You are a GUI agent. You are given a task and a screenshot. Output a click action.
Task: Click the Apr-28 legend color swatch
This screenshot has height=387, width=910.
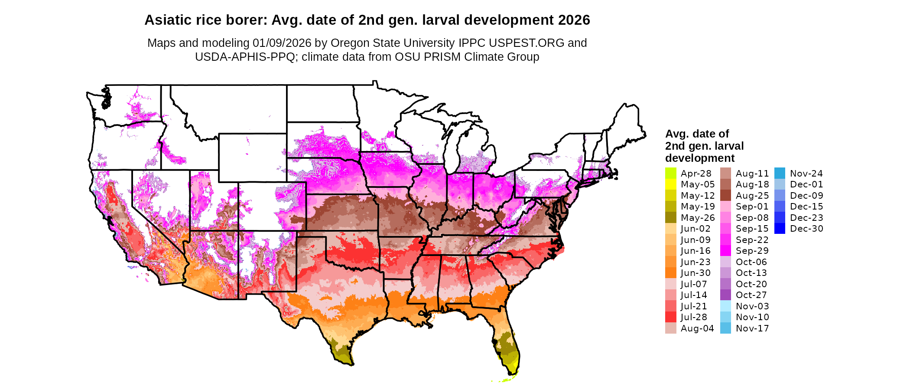[670, 173]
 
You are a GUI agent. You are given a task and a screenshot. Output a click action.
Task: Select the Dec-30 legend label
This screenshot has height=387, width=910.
[806, 229]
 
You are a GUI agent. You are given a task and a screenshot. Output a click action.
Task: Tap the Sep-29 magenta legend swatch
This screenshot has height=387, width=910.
[725, 251]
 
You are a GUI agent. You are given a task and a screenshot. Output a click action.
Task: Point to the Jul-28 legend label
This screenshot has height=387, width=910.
[694, 317]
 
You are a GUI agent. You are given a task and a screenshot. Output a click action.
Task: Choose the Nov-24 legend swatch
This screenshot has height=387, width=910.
[780, 173]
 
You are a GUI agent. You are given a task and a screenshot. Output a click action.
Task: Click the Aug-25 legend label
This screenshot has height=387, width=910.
[752, 196]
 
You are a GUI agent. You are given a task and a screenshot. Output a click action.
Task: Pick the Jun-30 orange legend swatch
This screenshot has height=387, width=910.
[670, 273]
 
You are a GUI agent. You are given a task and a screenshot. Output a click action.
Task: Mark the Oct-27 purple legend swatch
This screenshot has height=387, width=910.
[725, 295]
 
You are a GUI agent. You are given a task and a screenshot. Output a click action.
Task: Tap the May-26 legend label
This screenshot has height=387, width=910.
[698, 218]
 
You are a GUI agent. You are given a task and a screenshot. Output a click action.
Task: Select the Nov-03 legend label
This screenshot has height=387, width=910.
[752, 306]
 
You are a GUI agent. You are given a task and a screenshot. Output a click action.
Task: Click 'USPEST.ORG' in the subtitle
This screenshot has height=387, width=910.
[526, 43]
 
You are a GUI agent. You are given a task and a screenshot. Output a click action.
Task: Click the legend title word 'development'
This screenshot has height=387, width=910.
[700, 158]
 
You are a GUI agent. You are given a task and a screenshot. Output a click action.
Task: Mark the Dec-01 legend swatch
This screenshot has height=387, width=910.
[780, 184]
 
